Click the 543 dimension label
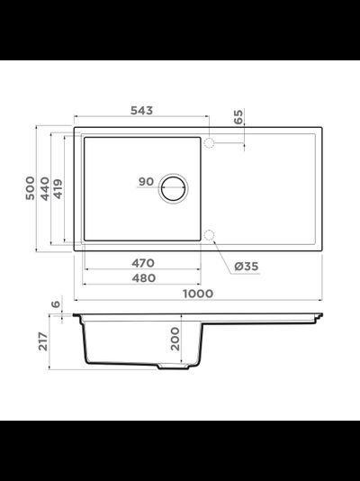click(141, 111)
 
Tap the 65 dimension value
click(238, 117)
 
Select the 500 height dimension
click(30, 188)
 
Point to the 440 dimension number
click(45, 188)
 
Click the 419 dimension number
click(58, 188)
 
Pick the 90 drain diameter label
click(146, 182)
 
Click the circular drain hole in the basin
click(174, 188)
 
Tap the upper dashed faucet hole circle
click(209, 143)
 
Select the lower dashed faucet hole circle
click(209, 235)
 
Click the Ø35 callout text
click(247, 267)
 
